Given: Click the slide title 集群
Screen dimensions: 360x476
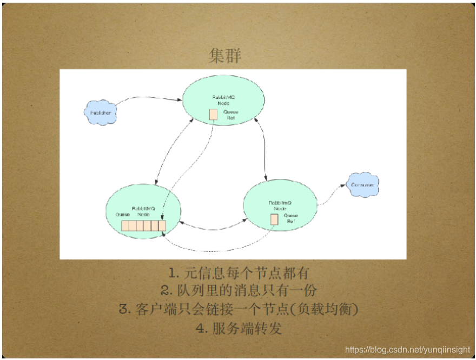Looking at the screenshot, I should [x=225, y=56].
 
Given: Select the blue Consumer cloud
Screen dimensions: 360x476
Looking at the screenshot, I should [x=363, y=185].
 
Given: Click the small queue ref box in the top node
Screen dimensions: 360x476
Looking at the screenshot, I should [x=214, y=114].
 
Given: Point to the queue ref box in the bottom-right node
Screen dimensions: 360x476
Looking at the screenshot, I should [x=274, y=218].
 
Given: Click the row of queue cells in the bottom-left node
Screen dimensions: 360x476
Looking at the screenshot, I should [x=144, y=225].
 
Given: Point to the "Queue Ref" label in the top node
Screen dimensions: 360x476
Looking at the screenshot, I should [x=231, y=114].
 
